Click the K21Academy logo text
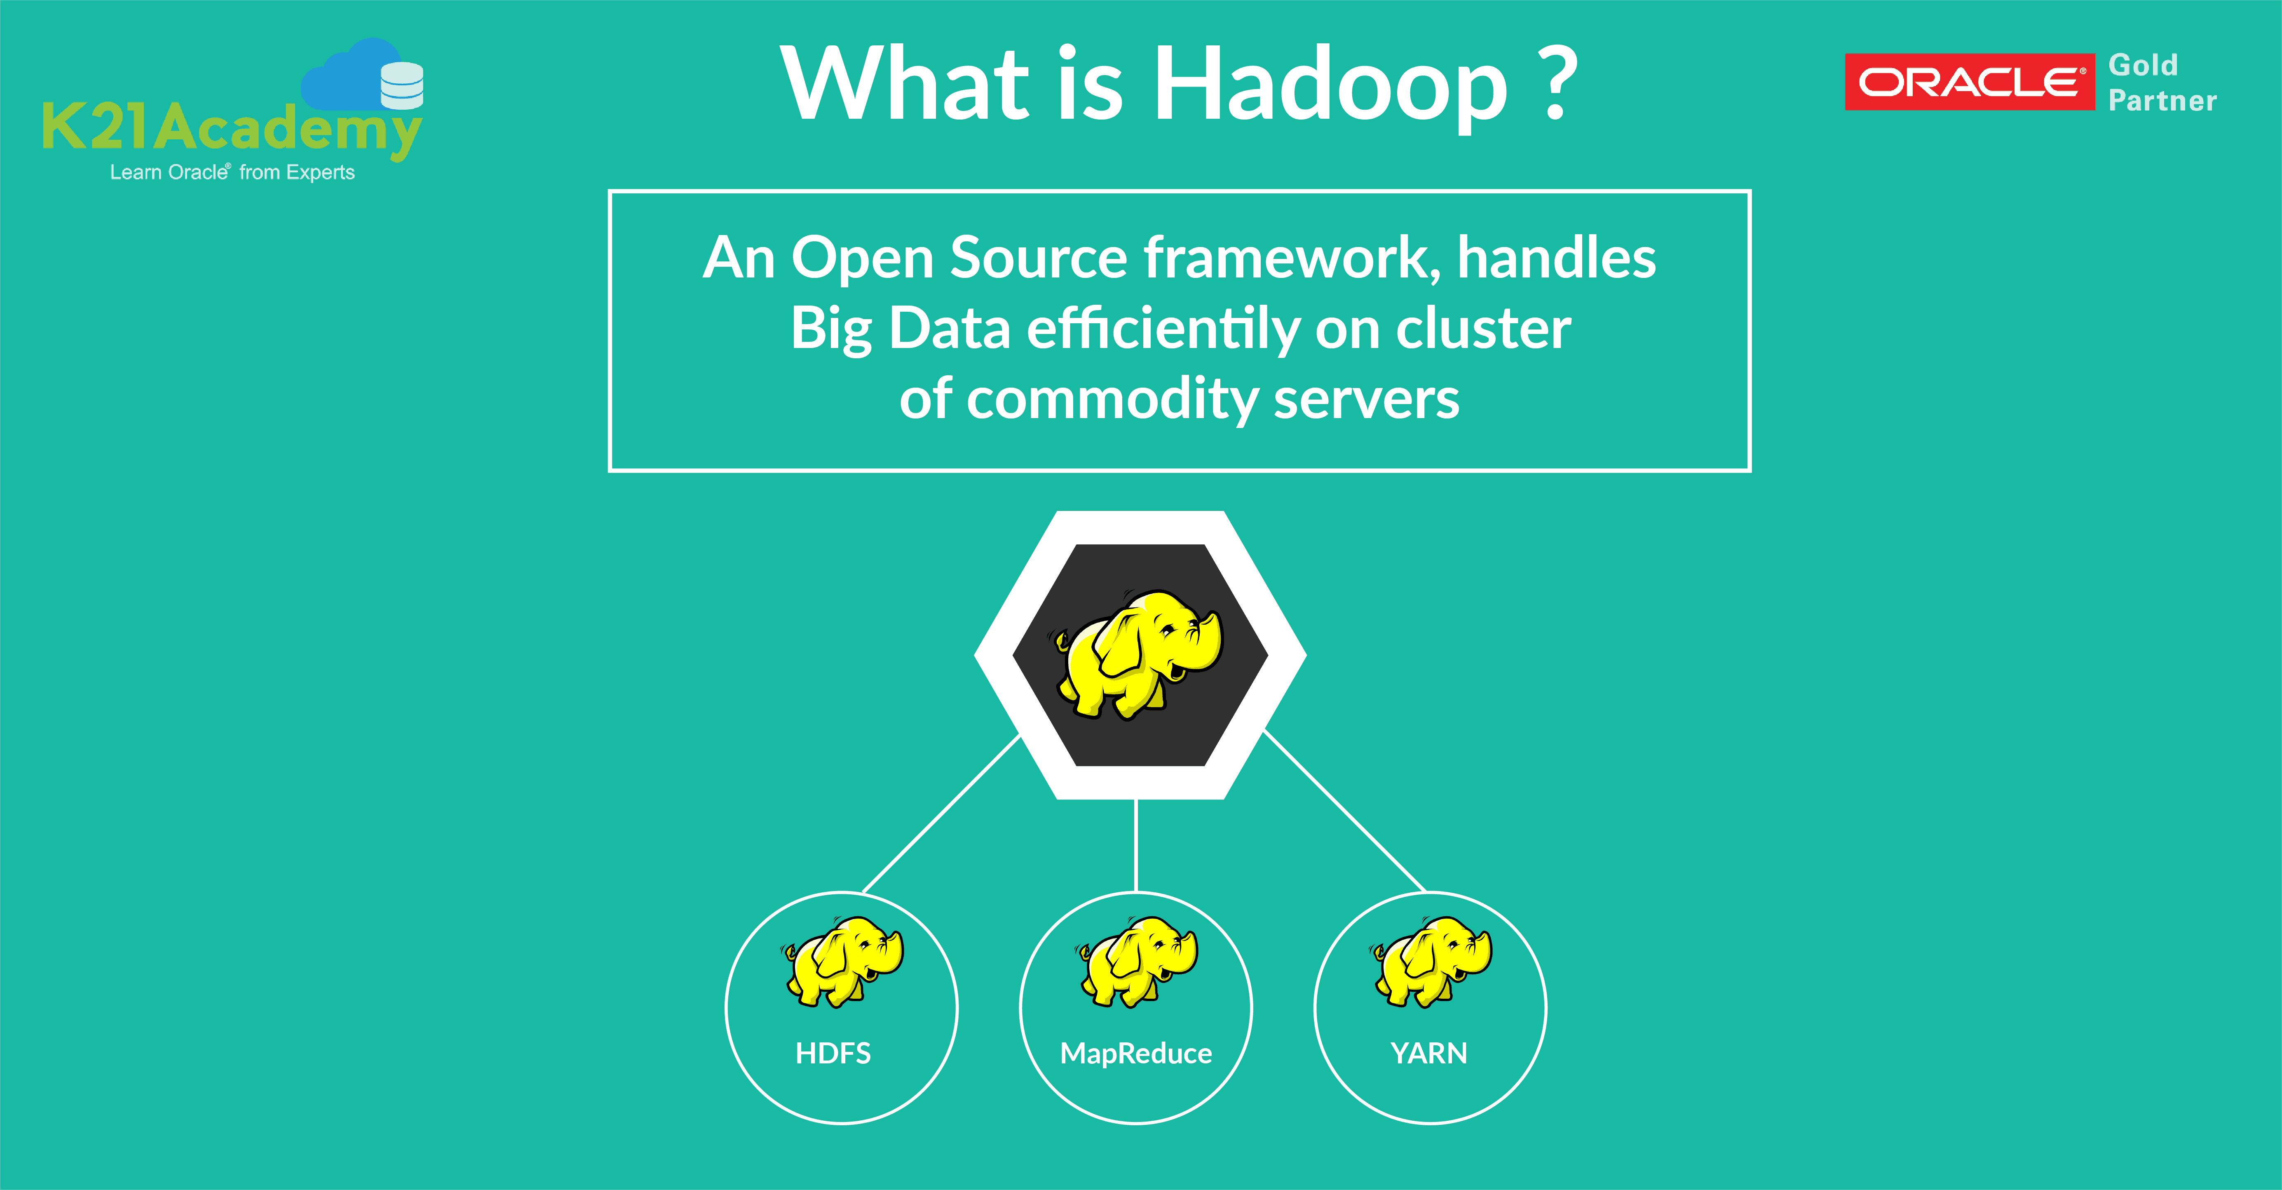coord(230,129)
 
